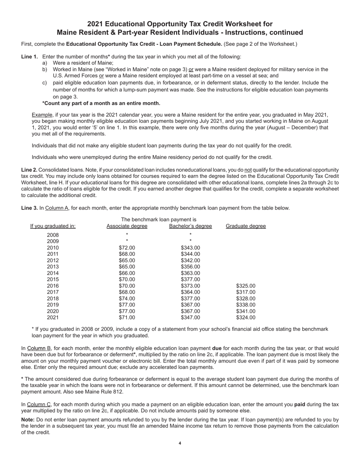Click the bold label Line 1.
(x=29, y=57)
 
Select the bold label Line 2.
(x=29, y=170)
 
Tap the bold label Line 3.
(x=29, y=208)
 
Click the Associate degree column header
(x=127, y=226)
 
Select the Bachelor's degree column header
(x=190, y=226)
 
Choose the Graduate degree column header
(x=246, y=226)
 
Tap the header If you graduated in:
(x=53, y=226)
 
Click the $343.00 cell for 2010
(x=190, y=248)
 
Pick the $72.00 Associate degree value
(x=127, y=248)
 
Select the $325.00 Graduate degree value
(x=246, y=286)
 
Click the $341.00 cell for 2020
(x=246, y=311)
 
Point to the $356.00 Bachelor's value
(x=190, y=267)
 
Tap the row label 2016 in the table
(x=53, y=286)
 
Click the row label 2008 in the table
(x=53, y=235)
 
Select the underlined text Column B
(x=39, y=348)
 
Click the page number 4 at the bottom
(x=180, y=443)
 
